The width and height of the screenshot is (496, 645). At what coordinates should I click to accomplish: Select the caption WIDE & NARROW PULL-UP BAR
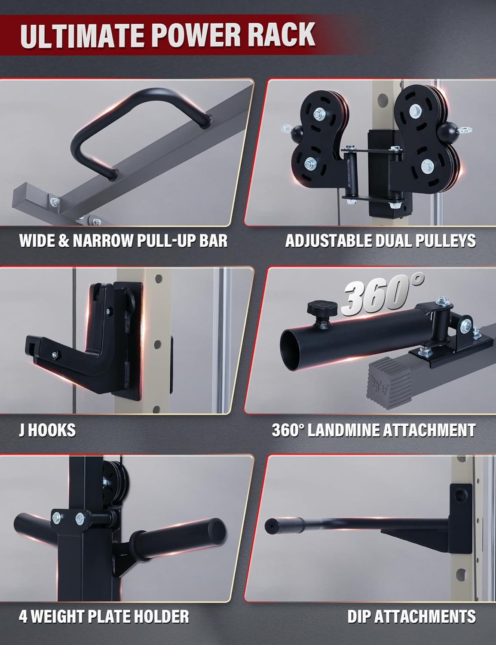pyautogui.click(x=123, y=241)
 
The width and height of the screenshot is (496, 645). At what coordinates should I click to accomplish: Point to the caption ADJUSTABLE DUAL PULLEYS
pyautogui.click(x=380, y=241)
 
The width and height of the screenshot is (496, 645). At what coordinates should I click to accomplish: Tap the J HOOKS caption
pyautogui.click(x=47, y=430)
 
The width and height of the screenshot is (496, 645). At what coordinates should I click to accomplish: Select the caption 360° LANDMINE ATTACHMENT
pyautogui.click(x=374, y=430)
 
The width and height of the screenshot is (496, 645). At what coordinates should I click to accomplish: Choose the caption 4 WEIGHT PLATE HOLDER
pyautogui.click(x=104, y=616)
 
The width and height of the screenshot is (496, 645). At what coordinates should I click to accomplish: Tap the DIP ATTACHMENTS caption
pyautogui.click(x=411, y=616)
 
